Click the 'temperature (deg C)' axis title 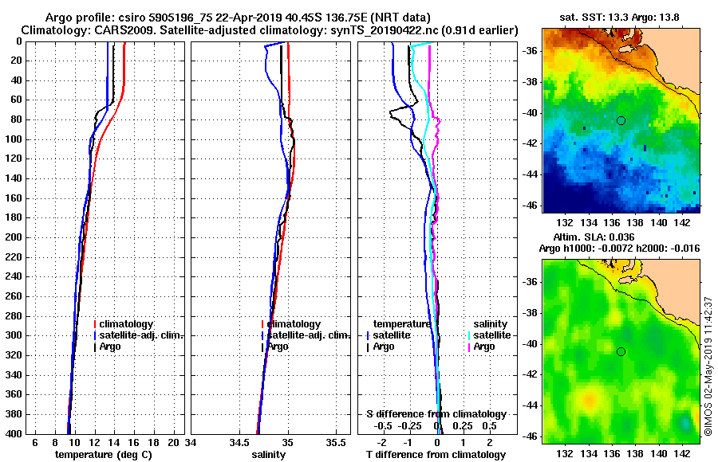click(103, 455)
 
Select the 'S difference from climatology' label click(436, 414)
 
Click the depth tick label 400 click(18, 433)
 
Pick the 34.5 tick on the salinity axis click(239, 441)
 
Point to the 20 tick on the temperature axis click(175, 441)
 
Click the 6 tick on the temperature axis click(34, 441)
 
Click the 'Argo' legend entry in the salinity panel click(278, 346)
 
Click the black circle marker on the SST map click(621, 120)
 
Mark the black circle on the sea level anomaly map click(621, 351)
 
